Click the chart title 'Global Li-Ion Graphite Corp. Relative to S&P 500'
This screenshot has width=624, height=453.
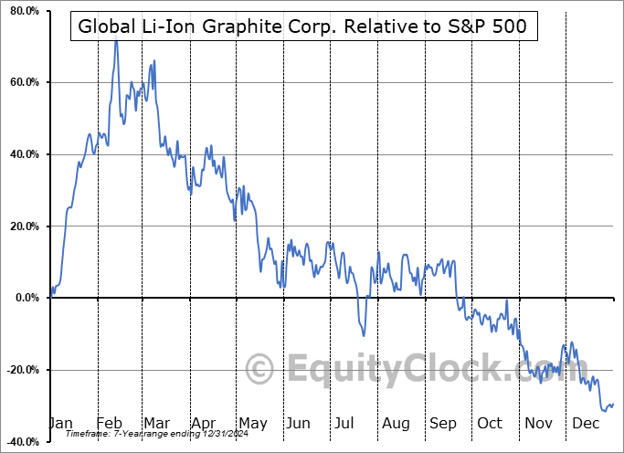click(x=302, y=26)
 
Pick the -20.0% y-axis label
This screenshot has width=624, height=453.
click(x=22, y=370)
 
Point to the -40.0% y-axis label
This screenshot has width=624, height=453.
click(x=22, y=441)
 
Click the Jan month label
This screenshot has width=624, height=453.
click(x=60, y=423)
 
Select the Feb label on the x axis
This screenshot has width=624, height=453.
click(x=109, y=423)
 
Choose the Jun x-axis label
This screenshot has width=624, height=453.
click(x=297, y=423)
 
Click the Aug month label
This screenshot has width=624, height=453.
click(x=396, y=423)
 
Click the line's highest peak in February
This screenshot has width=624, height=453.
click(x=115, y=40)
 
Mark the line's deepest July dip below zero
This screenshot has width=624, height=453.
click(x=364, y=335)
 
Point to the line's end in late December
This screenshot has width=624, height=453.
click(x=612, y=404)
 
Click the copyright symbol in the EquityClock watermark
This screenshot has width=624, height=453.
click(x=260, y=370)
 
